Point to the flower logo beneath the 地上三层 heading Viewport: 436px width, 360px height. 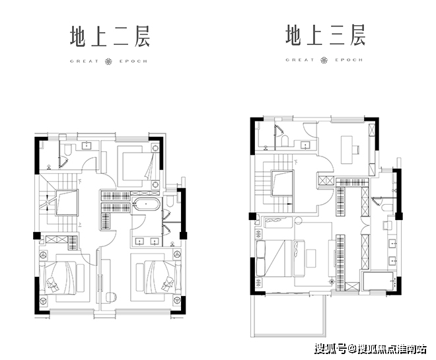(325, 60)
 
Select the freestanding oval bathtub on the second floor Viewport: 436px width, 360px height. (145, 205)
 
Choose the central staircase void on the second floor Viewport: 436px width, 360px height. (65, 202)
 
